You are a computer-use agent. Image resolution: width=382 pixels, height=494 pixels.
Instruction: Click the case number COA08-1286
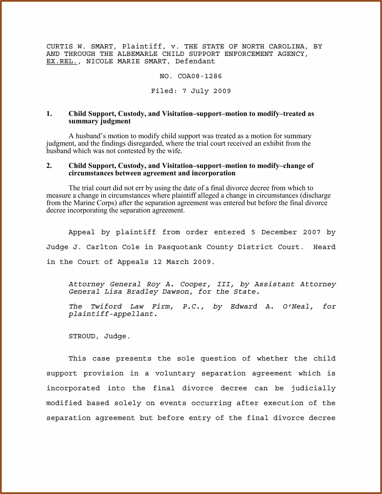coord(200,76)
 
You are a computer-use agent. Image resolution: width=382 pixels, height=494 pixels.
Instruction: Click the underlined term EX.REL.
coord(62,61)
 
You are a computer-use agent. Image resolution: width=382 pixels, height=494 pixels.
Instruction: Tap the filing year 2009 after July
coord(222,91)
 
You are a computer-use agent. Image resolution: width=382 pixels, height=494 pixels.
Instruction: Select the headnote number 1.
coord(49,114)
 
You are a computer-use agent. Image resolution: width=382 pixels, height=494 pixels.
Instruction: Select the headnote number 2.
coord(49,166)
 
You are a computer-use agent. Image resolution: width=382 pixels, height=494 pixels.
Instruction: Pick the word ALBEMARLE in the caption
coord(137,54)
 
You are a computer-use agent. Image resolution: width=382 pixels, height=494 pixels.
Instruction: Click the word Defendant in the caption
coord(195,61)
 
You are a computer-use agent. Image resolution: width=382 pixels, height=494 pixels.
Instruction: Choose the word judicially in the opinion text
coord(313,388)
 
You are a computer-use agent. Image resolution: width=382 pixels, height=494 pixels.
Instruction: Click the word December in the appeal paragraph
coord(279,232)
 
